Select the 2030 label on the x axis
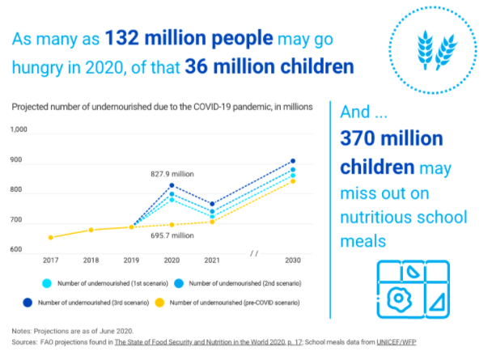point(293,260)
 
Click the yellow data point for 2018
point(91,230)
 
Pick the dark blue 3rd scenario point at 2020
point(172,186)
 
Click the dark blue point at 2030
point(293,161)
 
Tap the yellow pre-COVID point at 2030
point(293,181)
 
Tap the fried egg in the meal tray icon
point(397,299)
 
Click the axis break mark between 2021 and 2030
point(253,253)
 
